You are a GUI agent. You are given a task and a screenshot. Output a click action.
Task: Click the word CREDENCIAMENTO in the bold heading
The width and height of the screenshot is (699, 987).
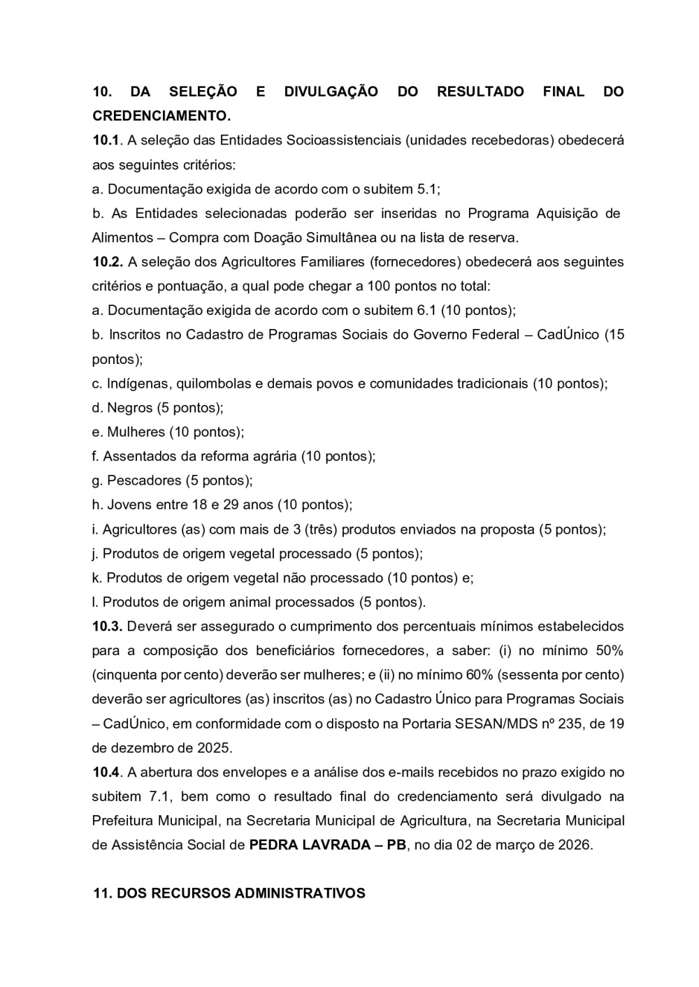[x=160, y=116]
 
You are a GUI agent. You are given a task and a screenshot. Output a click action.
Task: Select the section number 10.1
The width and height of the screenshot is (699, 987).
[x=107, y=140]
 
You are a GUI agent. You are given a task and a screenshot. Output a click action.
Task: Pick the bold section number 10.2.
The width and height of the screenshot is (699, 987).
[x=108, y=262]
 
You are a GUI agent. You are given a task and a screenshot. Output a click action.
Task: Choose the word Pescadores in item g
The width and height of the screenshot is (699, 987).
[x=144, y=481]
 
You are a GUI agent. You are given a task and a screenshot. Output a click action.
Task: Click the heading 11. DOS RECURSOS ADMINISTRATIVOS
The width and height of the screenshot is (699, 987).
[x=229, y=893]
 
